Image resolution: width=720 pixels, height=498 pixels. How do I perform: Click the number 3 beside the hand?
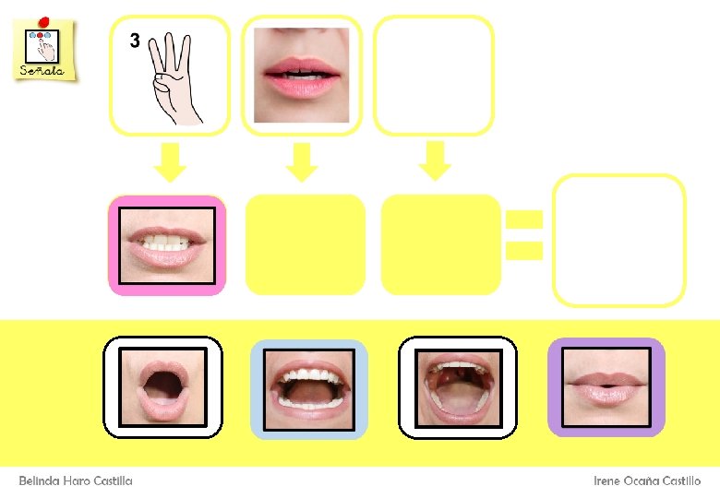pos(135,41)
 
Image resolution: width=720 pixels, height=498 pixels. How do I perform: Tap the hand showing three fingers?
pos(175,77)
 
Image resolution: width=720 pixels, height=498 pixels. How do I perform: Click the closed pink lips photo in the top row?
pos(301,75)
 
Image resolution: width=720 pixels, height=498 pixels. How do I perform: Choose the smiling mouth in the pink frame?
pos(167,245)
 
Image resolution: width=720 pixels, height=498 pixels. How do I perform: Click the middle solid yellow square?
pos(306,244)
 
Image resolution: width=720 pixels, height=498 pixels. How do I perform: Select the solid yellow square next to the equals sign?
pos(440,244)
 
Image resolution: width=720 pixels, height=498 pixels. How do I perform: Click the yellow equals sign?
pos(523,233)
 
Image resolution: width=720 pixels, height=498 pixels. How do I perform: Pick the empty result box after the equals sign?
pos(618,240)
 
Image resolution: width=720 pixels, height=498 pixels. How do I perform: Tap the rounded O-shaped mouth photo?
pos(162,386)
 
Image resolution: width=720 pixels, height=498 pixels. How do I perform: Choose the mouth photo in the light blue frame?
pos(309,387)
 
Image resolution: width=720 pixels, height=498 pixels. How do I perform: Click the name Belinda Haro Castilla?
pos(76,480)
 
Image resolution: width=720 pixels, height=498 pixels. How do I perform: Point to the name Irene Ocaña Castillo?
pos(647,480)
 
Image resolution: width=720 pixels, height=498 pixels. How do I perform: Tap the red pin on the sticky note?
pos(43,21)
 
